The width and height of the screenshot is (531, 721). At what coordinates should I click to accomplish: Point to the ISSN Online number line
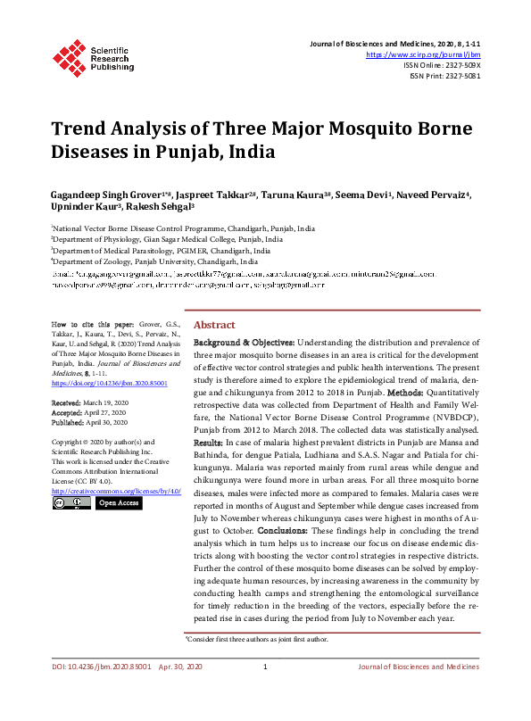click(442, 65)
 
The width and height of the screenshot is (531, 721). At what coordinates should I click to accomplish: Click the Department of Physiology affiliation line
click(168, 240)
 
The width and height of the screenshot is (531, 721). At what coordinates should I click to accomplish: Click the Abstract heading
click(214, 325)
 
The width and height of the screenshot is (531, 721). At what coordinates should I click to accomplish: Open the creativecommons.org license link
click(116, 490)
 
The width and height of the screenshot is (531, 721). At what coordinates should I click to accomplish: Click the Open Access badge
click(119, 503)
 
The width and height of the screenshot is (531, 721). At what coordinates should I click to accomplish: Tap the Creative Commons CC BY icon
click(71, 503)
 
